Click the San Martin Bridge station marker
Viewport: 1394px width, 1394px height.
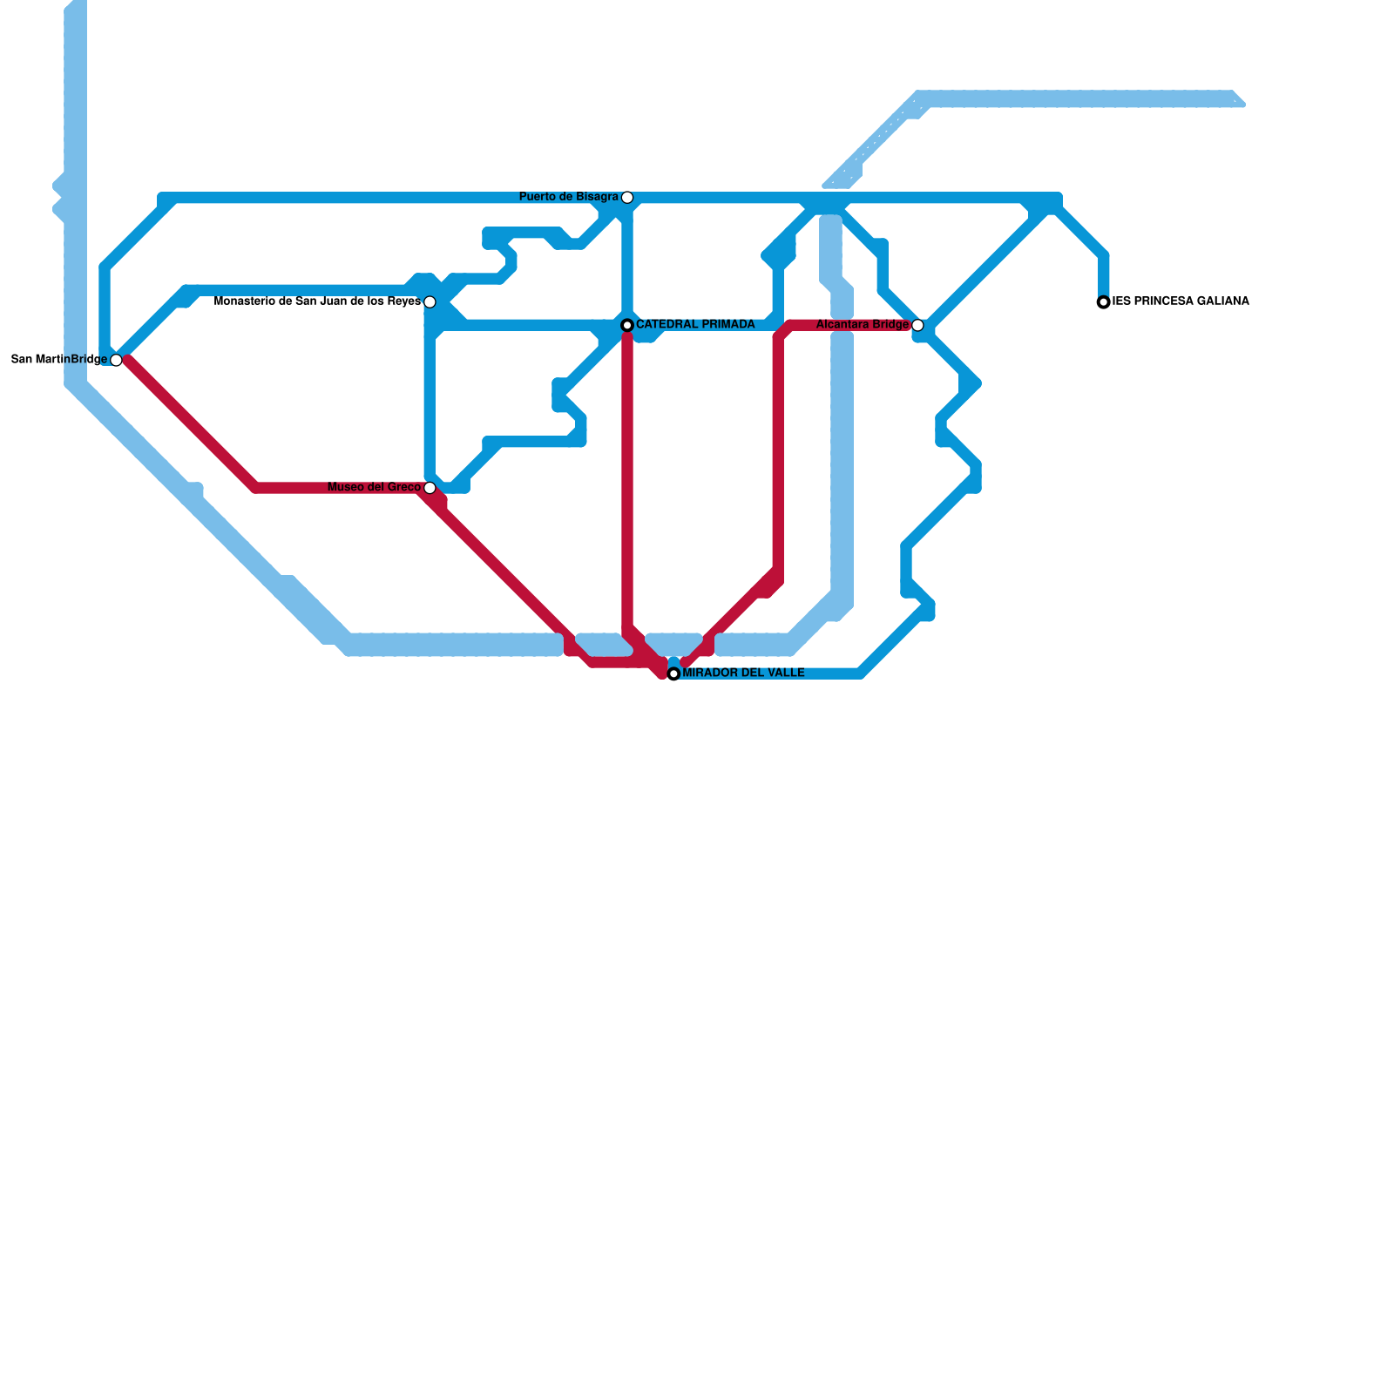116,360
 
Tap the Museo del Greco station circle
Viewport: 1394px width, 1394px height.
430,488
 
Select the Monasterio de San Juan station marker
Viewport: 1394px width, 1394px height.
430,302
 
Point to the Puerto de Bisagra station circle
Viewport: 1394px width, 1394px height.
627,198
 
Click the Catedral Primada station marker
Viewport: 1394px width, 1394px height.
627,325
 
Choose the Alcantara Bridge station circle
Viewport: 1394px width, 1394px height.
917,325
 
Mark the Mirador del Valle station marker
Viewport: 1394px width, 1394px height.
673,673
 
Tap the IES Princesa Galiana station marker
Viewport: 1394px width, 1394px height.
1104,302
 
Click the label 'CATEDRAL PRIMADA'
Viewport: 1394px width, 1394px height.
695,325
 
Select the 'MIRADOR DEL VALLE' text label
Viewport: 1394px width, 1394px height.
743,673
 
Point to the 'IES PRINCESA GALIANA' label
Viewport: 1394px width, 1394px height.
1181,301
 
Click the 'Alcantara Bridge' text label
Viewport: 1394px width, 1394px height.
863,325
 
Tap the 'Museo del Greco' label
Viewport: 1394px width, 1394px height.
374,487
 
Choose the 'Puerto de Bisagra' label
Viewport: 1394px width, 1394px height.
569,197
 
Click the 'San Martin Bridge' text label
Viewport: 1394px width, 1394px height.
59,359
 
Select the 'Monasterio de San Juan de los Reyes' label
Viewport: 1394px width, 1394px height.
317,301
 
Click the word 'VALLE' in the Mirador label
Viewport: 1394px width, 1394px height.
786,673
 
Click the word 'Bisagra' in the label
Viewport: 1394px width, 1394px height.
596,197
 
